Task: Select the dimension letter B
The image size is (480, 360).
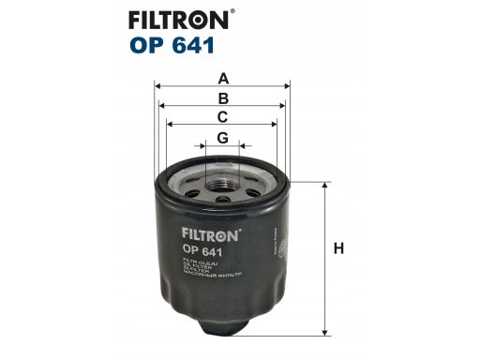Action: pos(222,97)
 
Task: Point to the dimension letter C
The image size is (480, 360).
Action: pos(222,117)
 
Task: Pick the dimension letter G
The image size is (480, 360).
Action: pos(222,138)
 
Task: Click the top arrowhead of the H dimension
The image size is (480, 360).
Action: pos(325,186)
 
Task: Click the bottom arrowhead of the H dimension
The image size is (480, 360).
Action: pos(325,329)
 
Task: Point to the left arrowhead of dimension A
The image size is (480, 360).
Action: pos(158,84)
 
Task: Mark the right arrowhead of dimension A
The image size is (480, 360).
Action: pos(286,84)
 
